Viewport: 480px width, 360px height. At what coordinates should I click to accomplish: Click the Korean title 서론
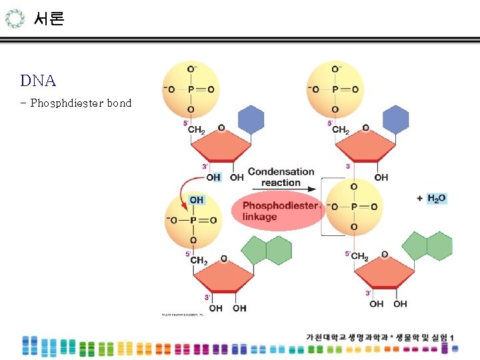49,19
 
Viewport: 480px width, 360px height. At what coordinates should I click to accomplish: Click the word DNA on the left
38,81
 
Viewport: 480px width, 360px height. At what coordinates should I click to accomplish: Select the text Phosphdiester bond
81,103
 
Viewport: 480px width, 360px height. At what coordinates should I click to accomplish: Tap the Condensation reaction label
281,177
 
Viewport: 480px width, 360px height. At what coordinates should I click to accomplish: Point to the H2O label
437,198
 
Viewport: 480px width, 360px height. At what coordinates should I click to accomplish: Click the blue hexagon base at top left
251,120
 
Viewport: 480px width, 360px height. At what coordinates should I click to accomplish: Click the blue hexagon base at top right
395,120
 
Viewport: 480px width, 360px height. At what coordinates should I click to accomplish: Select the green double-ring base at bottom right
427,246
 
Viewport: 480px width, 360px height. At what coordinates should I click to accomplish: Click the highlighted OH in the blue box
196,200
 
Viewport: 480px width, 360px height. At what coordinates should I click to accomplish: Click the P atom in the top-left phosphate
191,89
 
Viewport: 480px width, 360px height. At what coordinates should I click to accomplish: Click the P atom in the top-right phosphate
335,89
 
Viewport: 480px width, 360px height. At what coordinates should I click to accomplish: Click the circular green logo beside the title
15,19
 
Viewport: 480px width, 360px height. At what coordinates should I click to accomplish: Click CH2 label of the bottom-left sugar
198,261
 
